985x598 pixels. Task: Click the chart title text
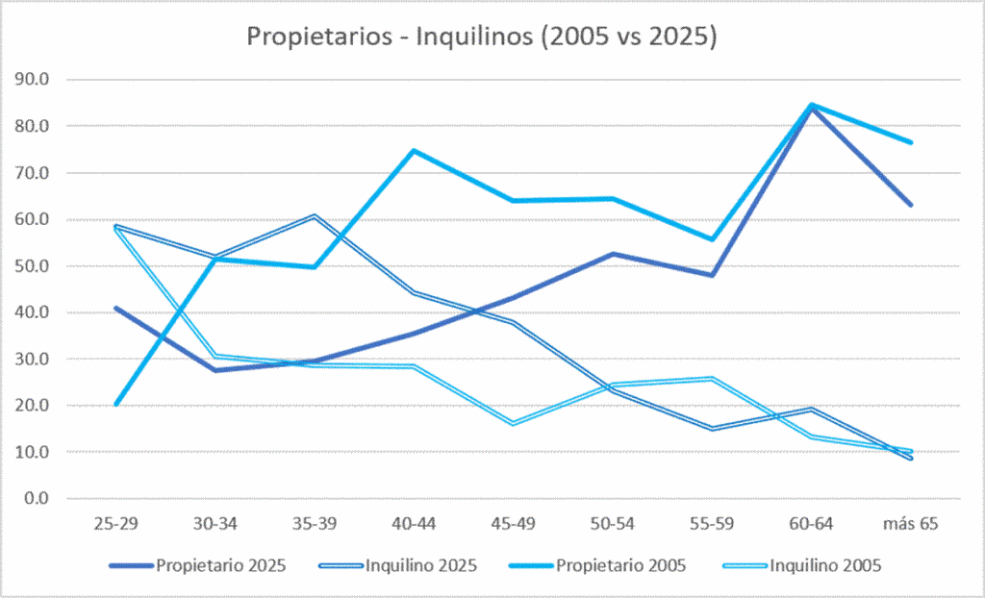point(481,37)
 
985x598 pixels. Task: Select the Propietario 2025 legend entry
point(197,566)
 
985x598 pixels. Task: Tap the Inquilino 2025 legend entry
point(397,566)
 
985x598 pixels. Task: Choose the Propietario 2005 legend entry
point(596,566)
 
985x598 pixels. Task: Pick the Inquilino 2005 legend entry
point(802,566)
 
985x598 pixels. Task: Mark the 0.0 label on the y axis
point(36,498)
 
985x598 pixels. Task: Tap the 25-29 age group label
point(115,523)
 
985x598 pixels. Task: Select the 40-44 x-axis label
point(414,523)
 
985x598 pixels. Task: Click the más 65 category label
point(910,523)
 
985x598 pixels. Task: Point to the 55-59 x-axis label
point(712,523)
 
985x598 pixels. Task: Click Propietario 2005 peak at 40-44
point(414,151)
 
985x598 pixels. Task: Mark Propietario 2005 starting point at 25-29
point(116,404)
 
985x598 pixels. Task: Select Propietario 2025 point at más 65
point(910,205)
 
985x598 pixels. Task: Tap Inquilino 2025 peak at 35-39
point(315,216)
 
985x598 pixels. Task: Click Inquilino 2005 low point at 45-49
point(514,424)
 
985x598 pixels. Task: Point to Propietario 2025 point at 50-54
point(613,254)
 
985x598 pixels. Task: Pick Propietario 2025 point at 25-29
point(116,308)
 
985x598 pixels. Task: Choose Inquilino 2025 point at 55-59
point(712,429)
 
